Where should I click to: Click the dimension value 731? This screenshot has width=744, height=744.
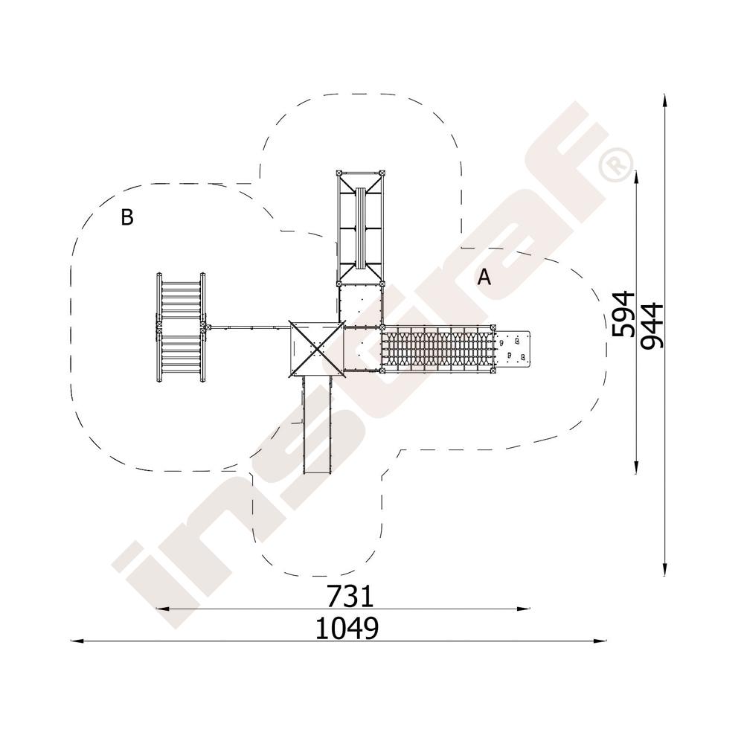pyautogui.click(x=350, y=596)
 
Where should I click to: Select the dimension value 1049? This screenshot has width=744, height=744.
pyautogui.click(x=347, y=628)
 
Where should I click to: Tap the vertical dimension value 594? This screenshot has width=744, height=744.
pyautogui.click(x=623, y=314)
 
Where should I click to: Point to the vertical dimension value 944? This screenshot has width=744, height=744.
pyautogui.click(x=651, y=326)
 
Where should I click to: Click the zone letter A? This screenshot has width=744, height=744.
pyautogui.click(x=484, y=277)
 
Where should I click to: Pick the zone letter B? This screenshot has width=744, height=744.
pyautogui.click(x=127, y=217)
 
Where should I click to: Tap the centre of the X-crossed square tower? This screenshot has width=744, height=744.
pyautogui.click(x=316, y=349)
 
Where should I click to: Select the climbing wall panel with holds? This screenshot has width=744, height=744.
pyautogui.click(x=512, y=348)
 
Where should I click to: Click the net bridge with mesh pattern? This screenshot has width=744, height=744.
pyautogui.click(x=437, y=349)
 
